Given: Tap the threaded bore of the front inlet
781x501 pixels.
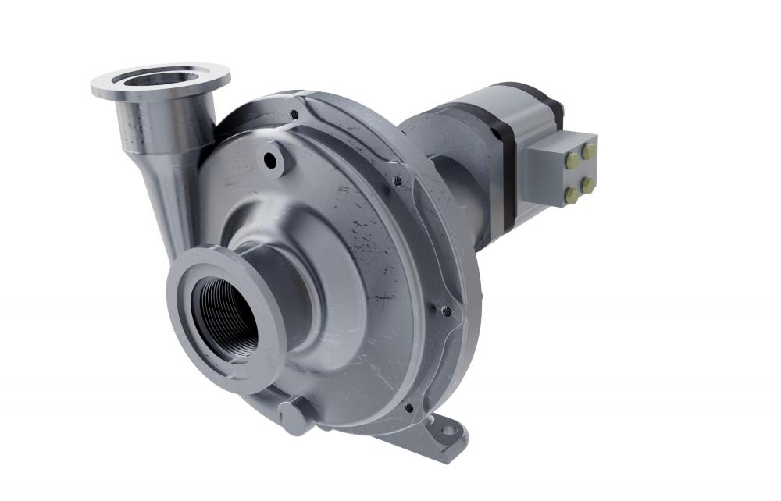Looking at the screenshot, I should [226, 316].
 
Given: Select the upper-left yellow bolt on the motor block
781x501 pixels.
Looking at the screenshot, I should [572, 158].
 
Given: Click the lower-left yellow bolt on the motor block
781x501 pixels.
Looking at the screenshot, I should [573, 193].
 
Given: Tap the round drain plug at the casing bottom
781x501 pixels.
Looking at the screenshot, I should [292, 417].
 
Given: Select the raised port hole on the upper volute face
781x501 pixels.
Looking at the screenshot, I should [271, 161].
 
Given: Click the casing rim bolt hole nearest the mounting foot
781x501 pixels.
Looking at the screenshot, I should [408, 407].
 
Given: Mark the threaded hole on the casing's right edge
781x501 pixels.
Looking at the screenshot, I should [446, 311].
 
